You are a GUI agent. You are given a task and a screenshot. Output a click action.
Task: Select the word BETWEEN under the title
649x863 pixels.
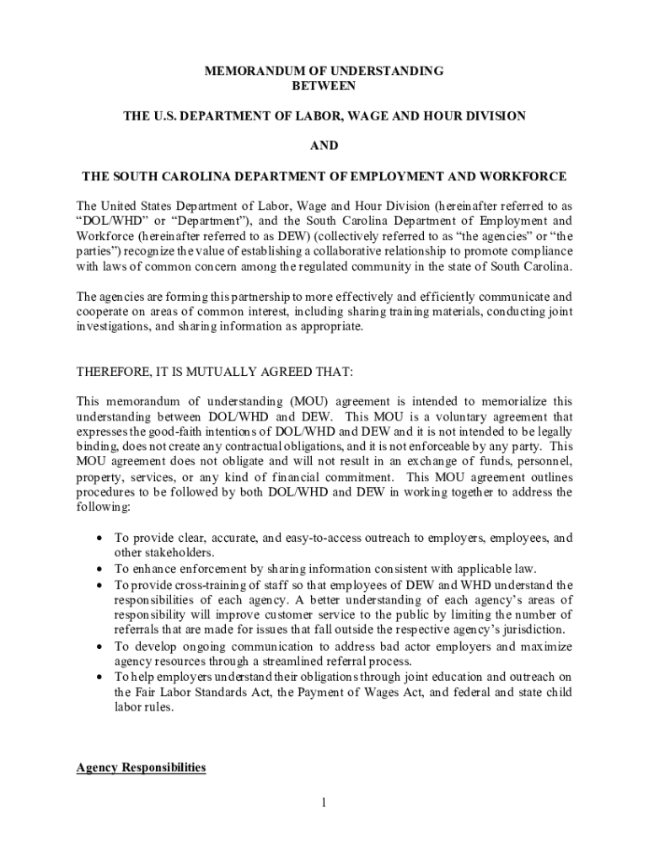pyautogui.click(x=324, y=86)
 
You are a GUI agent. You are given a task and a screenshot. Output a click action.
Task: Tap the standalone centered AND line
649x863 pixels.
pyautogui.click(x=324, y=146)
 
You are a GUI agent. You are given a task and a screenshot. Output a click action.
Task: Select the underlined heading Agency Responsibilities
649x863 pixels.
pyautogui.click(x=141, y=768)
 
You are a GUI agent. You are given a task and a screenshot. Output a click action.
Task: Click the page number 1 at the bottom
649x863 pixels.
pyautogui.click(x=324, y=802)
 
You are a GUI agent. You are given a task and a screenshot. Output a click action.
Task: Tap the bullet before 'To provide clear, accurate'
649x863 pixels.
pyautogui.click(x=101, y=538)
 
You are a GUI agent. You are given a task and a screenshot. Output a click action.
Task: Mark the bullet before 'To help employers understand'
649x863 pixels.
pyautogui.click(x=101, y=677)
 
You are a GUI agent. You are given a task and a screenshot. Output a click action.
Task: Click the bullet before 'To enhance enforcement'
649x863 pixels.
pyautogui.click(x=101, y=569)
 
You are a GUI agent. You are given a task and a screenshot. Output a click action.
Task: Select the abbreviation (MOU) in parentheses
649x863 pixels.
pyautogui.click(x=308, y=401)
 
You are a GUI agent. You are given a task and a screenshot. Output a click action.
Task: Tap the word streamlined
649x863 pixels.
pyautogui.click(x=258, y=662)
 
